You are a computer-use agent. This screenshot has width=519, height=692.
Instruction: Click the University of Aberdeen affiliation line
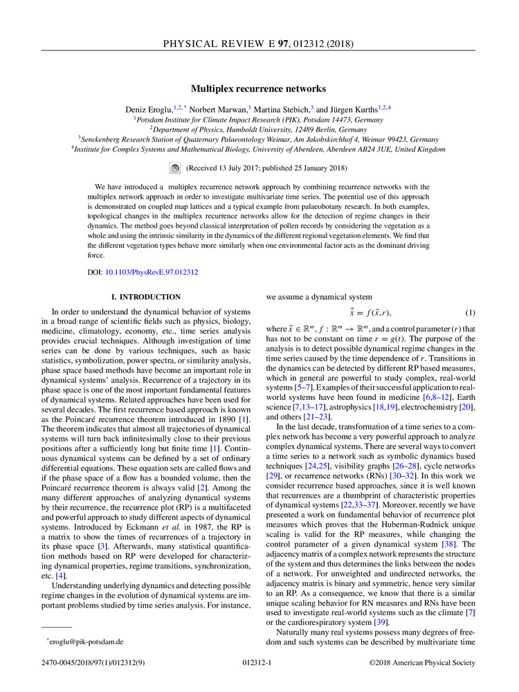tap(260, 149)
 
